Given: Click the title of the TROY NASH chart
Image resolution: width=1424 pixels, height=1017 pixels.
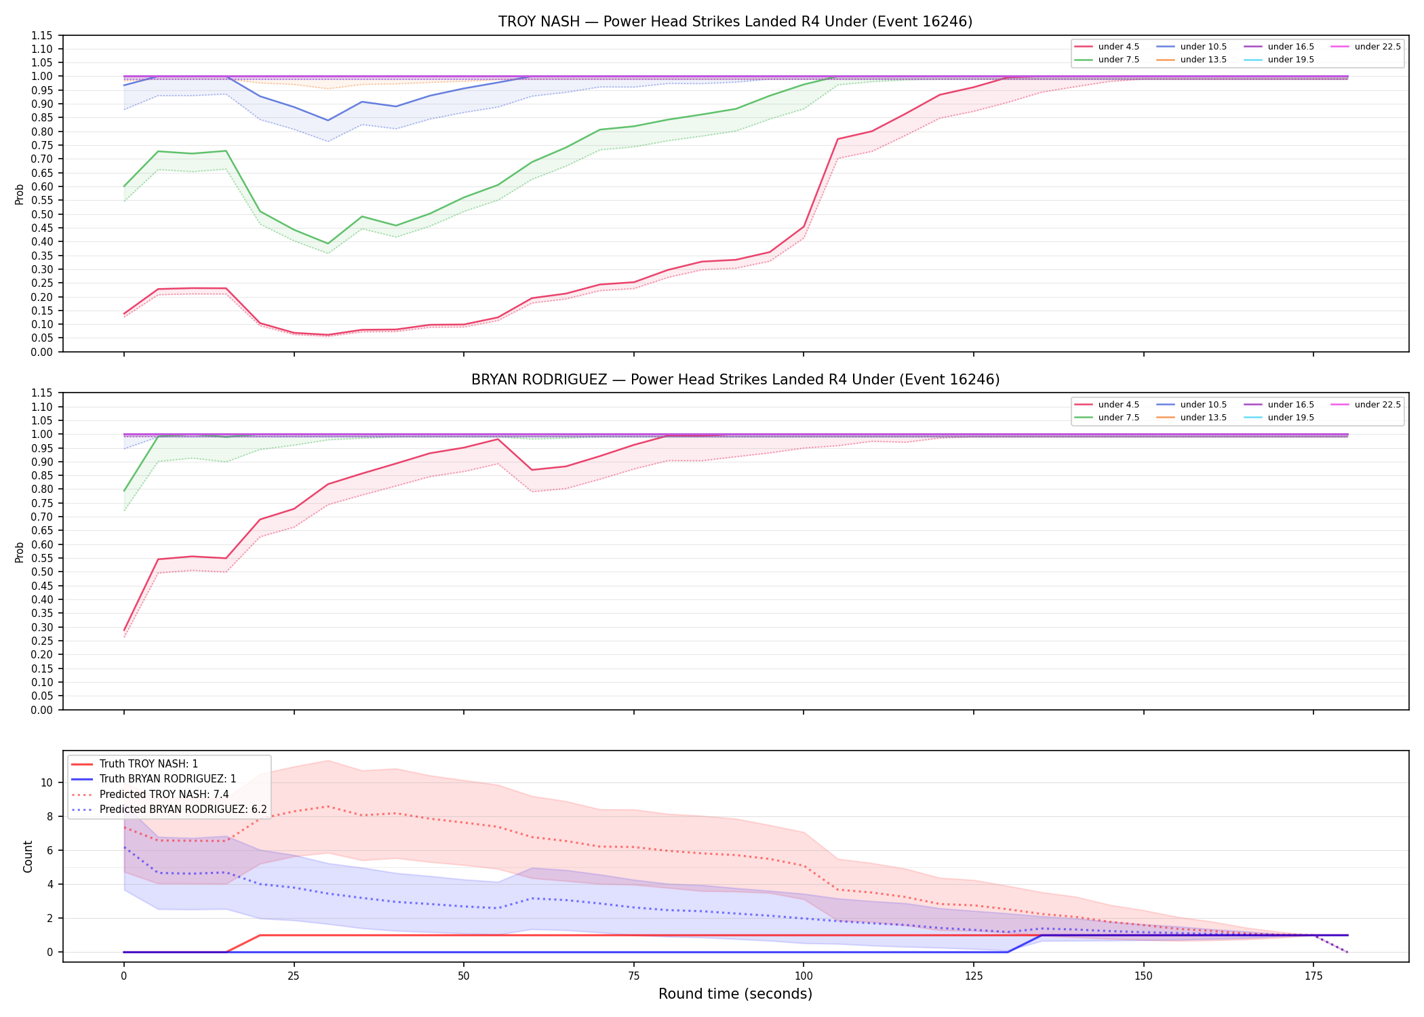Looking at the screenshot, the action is click(x=735, y=22).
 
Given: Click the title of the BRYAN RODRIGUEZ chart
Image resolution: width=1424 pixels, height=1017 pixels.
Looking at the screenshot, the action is click(x=735, y=380).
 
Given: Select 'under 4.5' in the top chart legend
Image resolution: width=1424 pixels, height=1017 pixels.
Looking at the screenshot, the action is click(x=1119, y=47).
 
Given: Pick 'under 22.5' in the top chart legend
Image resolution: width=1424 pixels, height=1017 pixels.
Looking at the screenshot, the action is click(x=1377, y=47).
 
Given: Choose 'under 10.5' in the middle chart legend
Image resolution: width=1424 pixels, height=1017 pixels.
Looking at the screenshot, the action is click(x=1204, y=405).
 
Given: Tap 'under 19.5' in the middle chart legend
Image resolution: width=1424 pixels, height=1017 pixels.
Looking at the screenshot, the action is click(x=1291, y=418).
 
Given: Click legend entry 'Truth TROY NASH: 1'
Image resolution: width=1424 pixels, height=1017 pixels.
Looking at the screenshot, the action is click(x=149, y=764).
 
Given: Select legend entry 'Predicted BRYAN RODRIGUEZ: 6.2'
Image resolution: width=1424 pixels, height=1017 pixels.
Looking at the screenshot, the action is click(x=183, y=810).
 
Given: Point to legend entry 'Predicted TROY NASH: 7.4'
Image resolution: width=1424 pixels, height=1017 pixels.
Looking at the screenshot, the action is click(x=164, y=795).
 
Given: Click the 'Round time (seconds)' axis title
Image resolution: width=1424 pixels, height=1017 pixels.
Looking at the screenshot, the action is click(x=735, y=994).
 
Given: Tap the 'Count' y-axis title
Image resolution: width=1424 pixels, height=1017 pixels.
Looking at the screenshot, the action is click(x=28, y=856).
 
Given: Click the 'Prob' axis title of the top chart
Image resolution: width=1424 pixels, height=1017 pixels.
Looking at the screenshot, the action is click(x=20, y=194).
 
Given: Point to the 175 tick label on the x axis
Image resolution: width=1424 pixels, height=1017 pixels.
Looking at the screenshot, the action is click(x=1313, y=976).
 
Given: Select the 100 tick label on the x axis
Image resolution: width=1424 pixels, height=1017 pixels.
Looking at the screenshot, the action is click(x=804, y=976).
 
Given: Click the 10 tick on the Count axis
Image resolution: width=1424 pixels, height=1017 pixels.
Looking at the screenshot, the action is click(x=47, y=782).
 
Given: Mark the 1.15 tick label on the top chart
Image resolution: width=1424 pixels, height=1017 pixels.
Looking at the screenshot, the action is click(x=42, y=35).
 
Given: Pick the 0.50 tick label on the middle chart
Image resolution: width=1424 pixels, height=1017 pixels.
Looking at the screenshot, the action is click(x=42, y=572).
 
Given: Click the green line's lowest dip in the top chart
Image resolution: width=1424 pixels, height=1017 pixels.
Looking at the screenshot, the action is click(x=328, y=243).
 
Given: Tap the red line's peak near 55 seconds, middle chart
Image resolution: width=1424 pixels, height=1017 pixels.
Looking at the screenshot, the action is click(x=498, y=439).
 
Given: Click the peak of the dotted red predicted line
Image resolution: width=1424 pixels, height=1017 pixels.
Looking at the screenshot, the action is click(x=328, y=806).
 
